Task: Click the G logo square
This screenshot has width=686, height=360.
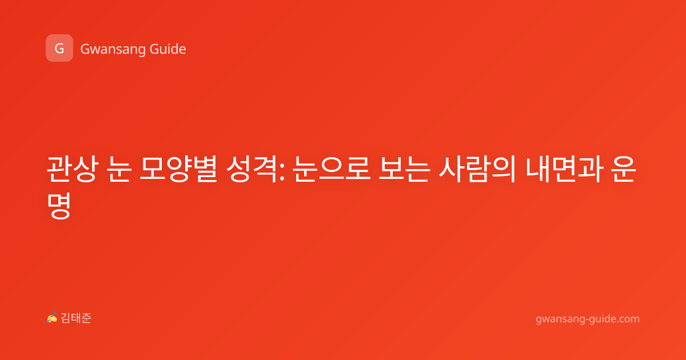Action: [59, 48]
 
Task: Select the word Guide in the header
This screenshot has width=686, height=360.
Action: [167, 49]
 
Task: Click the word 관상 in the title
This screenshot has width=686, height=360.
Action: [73, 169]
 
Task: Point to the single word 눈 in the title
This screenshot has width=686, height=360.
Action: [120, 169]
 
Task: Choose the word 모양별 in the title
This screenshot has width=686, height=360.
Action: [178, 169]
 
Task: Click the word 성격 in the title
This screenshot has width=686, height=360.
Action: [252, 169]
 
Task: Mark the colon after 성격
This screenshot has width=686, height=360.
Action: [282, 173]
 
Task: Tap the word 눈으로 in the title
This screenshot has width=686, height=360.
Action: [332, 169]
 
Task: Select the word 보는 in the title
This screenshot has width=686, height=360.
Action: [404, 169]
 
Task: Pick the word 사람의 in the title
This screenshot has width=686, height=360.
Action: [477, 169]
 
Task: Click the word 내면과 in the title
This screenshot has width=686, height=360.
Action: [565, 169]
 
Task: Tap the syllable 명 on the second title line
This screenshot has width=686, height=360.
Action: [59, 205]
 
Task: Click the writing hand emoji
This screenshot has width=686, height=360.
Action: [51, 318]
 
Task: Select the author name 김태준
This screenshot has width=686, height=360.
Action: [76, 318]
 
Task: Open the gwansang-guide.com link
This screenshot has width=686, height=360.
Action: [588, 319]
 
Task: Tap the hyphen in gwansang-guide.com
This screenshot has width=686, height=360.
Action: [587, 320]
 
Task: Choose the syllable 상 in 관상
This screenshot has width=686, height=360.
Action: [86, 169]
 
